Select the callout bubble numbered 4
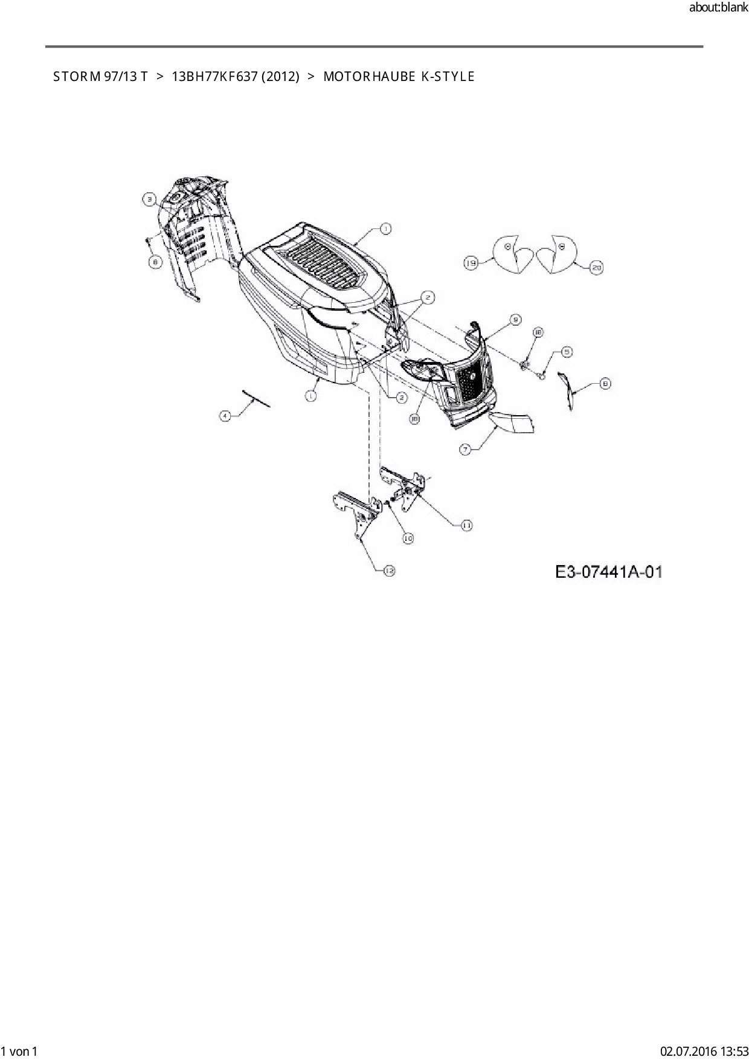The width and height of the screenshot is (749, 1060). click(225, 416)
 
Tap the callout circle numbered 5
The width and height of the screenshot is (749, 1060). click(567, 351)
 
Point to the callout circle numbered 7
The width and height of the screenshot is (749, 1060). click(465, 449)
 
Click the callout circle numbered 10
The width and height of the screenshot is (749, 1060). click(408, 537)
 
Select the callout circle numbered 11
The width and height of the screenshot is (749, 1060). click(467, 526)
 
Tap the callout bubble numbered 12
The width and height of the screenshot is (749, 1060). click(389, 570)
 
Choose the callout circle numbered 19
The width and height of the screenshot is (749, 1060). click(471, 263)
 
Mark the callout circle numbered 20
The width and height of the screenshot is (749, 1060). click(596, 267)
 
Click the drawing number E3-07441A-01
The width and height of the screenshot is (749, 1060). click(609, 571)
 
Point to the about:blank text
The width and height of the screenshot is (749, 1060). click(718, 8)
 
